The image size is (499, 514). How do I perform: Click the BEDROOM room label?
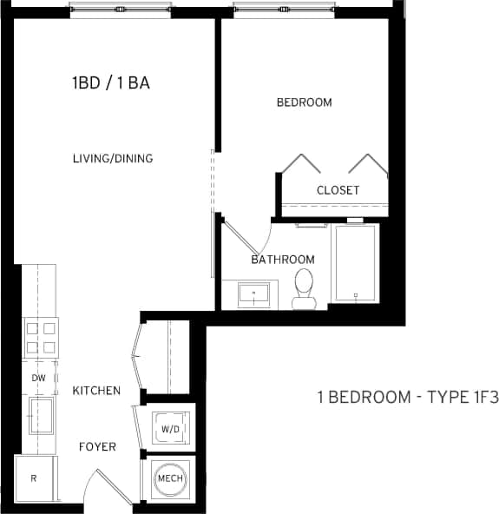304,102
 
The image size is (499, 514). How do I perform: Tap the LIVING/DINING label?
113,159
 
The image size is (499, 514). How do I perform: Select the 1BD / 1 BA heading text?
118,84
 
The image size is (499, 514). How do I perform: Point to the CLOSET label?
338,190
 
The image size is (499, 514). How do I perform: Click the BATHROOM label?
282,260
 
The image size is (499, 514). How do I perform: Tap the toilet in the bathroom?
304,289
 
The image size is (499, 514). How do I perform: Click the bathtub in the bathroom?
355,263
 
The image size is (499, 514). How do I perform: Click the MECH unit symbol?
167,478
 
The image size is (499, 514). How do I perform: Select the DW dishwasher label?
38,379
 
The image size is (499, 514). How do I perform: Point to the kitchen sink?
40,414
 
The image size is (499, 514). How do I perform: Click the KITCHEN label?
96,391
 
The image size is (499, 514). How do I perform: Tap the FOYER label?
98,448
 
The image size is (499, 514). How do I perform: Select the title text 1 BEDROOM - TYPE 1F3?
407,399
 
